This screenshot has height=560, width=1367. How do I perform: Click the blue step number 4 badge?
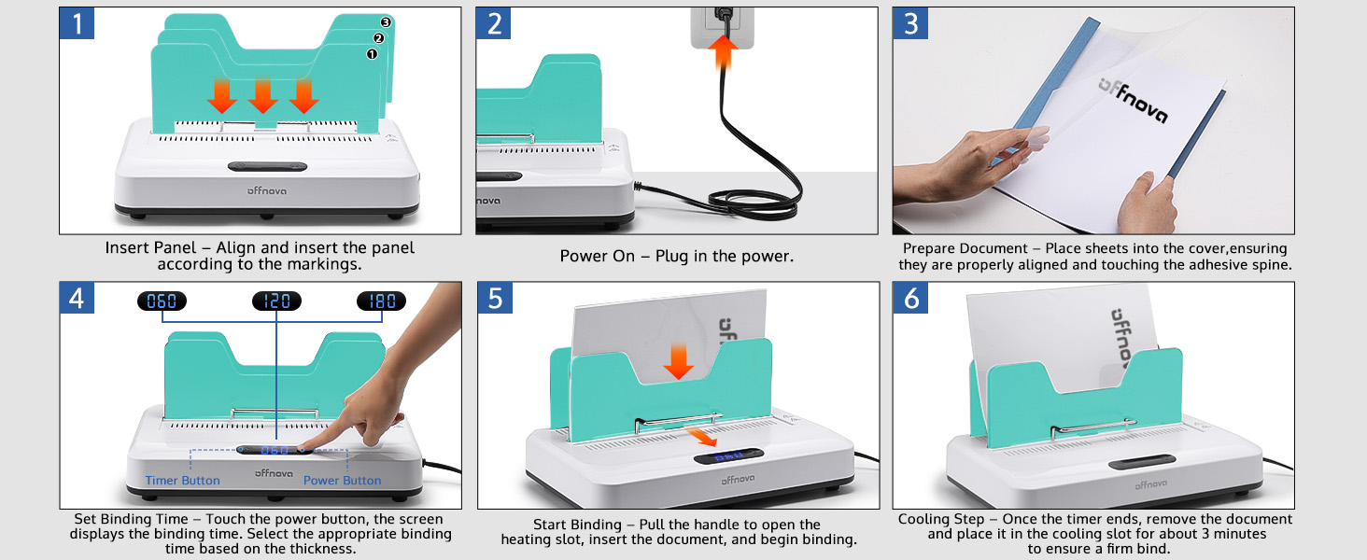(x=78, y=299)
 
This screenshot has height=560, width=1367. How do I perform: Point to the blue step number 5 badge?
(x=495, y=299)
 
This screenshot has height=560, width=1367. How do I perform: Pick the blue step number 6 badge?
(x=911, y=299)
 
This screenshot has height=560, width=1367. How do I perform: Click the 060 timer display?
(x=162, y=301)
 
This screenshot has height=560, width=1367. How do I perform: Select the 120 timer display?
(x=276, y=301)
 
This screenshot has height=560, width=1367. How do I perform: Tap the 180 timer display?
(x=382, y=301)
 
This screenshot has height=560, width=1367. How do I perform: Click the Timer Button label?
(x=182, y=481)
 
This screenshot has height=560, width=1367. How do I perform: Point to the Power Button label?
(x=342, y=481)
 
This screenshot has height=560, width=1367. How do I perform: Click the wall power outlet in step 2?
(x=720, y=24)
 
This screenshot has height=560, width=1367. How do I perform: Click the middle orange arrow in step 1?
(x=262, y=95)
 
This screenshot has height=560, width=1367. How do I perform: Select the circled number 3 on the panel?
(x=386, y=22)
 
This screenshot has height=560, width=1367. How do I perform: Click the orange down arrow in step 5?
(x=679, y=361)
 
